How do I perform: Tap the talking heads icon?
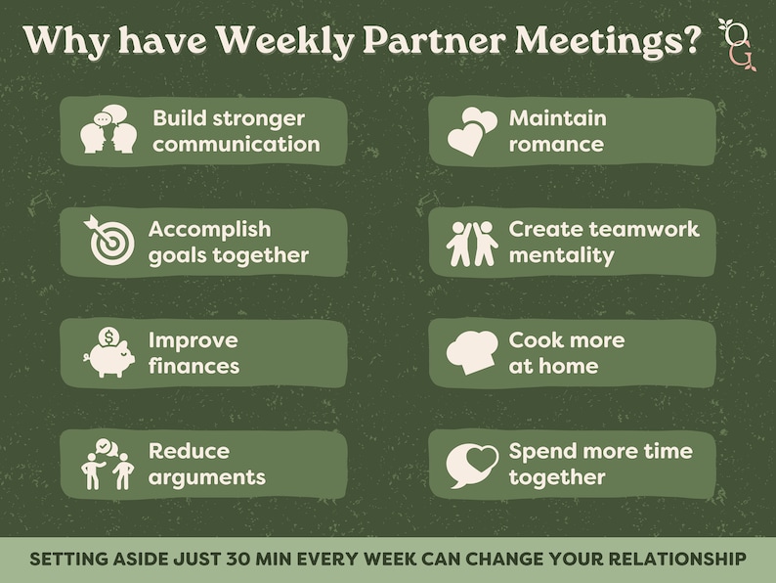(108, 130)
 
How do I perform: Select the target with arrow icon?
(108, 240)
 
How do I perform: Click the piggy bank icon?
(108, 352)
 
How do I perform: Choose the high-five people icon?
(471, 243)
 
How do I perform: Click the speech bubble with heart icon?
(471, 465)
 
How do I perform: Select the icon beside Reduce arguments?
(108, 463)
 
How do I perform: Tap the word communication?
(236, 145)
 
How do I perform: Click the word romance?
(556, 145)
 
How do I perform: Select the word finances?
(194, 367)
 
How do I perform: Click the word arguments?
(206, 478)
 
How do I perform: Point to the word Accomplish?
(209, 229)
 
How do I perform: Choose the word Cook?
(538, 340)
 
